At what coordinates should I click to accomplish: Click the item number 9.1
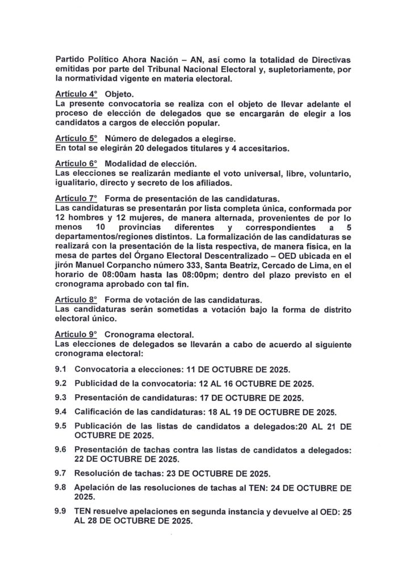61,368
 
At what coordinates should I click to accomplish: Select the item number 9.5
61,425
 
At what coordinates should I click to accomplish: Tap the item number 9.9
61,511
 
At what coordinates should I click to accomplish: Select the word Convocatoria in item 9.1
103,368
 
